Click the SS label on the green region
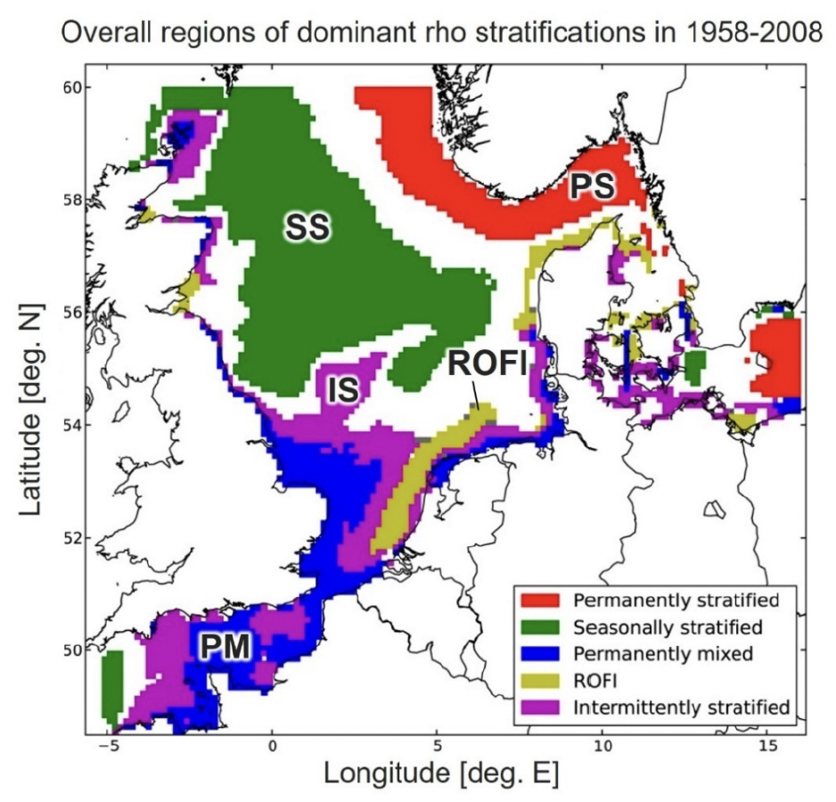[307, 229]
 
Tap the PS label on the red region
[592, 185]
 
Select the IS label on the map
[342, 389]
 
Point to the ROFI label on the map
[488, 363]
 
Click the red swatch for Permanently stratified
[537, 597]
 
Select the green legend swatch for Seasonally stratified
[537, 625]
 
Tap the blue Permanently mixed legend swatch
[537, 652]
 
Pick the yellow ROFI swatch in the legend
[537, 680]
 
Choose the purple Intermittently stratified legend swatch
[537, 708]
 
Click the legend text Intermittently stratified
[682, 708]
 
